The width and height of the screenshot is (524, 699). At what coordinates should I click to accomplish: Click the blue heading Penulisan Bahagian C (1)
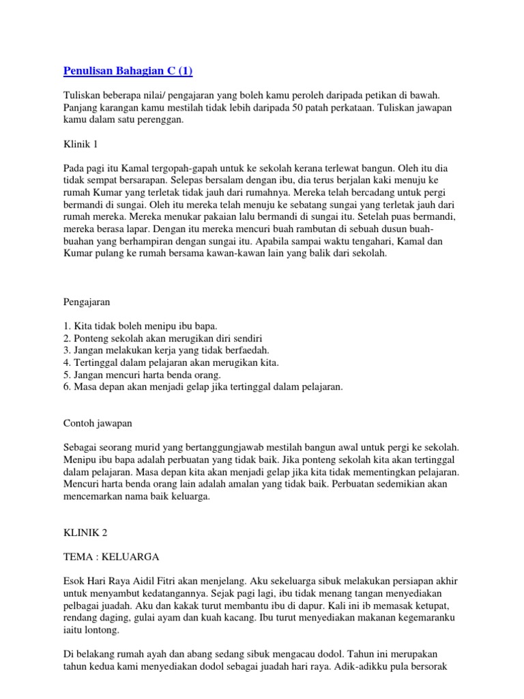tap(128, 71)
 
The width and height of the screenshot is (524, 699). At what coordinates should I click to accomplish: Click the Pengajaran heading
tap(87, 302)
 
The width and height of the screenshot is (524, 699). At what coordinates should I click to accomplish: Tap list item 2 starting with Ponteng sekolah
tap(162, 339)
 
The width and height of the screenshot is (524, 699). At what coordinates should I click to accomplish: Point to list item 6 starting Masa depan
tap(203, 387)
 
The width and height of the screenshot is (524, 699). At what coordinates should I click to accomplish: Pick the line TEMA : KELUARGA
tap(111, 556)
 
